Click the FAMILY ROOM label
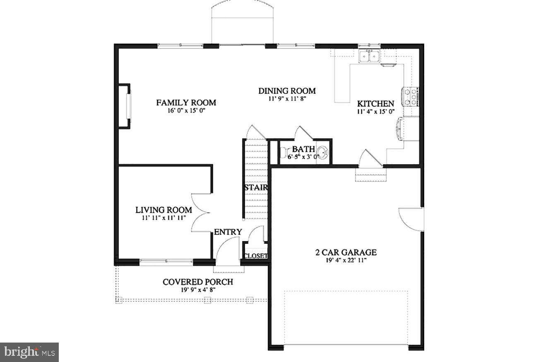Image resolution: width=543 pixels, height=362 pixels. pyautogui.click(x=186, y=103)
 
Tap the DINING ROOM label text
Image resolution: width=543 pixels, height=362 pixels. pyautogui.click(x=287, y=91)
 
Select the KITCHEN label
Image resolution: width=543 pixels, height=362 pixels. pyautogui.click(x=375, y=104)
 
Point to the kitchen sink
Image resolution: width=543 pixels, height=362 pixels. pyautogui.click(x=369, y=56)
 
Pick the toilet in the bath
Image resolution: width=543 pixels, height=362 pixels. pyautogui.click(x=284, y=153)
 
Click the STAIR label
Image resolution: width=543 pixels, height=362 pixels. pyautogui.click(x=256, y=187)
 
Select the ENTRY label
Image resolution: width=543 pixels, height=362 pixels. pyautogui.click(x=228, y=232)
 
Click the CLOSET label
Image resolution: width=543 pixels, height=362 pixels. pyautogui.click(x=255, y=256)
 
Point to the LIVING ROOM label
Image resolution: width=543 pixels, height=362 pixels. pyautogui.click(x=163, y=210)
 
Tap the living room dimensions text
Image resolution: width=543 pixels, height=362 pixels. pyautogui.click(x=163, y=217)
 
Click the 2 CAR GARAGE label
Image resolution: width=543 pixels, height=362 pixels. pyautogui.click(x=344, y=252)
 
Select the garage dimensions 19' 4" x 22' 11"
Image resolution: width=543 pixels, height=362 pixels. pyautogui.click(x=344, y=260)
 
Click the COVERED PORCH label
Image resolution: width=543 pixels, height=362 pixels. pyautogui.click(x=197, y=282)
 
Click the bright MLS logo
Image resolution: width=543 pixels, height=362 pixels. pyautogui.click(x=29, y=352)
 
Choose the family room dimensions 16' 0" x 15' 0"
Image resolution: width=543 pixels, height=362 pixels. pyautogui.click(x=186, y=110)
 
